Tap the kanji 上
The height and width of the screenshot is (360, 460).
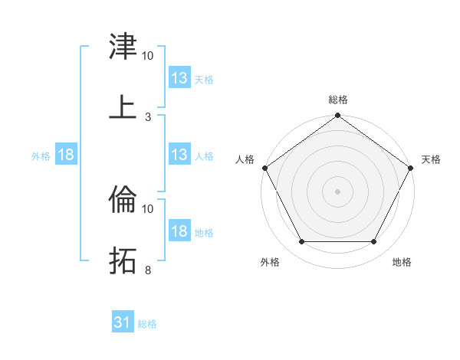coord(123,106)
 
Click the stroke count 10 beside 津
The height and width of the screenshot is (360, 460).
coord(148,56)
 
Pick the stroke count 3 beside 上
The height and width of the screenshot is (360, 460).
coord(148,116)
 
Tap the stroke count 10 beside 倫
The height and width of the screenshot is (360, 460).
coord(148,208)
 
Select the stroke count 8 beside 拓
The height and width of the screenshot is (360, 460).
coord(148,270)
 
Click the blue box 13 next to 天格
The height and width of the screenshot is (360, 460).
coord(179,78)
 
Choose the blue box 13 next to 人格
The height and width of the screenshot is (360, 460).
coord(179,155)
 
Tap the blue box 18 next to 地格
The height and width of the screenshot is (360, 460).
coord(179,231)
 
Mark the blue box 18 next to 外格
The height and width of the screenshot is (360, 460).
coord(66,155)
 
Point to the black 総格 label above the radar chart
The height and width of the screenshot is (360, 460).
coord(338,100)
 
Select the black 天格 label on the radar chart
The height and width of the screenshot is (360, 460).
coord(431,159)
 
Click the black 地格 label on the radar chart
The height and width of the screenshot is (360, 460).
coord(402,262)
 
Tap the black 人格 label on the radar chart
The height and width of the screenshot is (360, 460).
coord(245,159)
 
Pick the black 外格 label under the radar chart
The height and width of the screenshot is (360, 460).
coord(270,262)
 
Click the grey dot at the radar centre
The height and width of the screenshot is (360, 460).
coord(338,191)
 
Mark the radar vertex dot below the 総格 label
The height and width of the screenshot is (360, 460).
coord(338,116)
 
